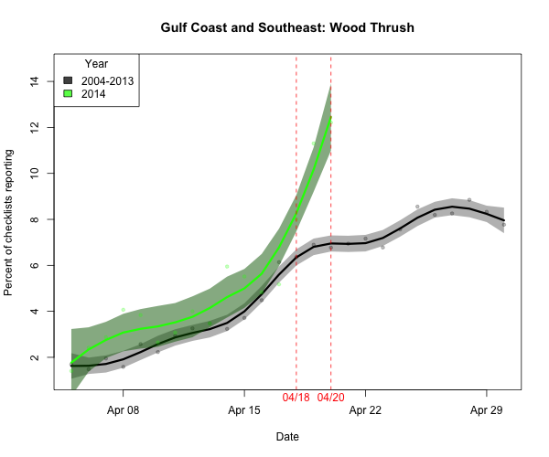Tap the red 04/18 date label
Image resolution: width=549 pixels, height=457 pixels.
click(x=296, y=398)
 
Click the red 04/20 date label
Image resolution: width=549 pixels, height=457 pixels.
click(x=330, y=398)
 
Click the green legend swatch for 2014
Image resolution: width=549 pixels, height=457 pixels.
click(x=68, y=94)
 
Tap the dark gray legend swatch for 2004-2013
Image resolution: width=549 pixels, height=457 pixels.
click(x=68, y=80)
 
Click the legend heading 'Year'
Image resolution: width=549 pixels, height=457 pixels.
click(x=96, y=64)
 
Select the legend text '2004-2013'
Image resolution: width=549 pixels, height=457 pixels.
click(x=108, y=80)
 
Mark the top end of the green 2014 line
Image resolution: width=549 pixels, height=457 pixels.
click(x=330, y=117)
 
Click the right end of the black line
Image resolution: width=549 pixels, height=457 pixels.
click(x=503, y=220)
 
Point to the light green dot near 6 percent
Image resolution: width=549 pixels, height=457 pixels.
click(x=227, y=266)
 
